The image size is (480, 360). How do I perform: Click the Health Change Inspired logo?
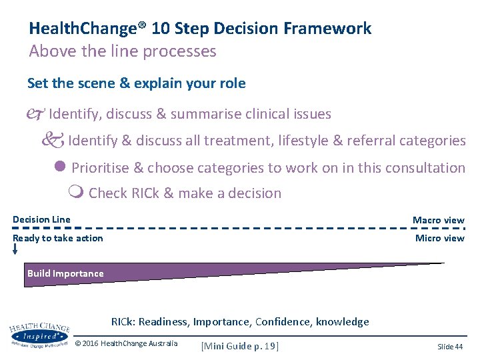(x=40, y=335)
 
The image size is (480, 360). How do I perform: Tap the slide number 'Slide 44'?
(x=450, y=347)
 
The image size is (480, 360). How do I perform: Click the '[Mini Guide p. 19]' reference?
(x=239, y=345)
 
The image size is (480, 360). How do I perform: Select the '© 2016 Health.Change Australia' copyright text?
(x=126, y=343)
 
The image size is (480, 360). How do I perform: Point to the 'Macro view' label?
(x=438, y=220)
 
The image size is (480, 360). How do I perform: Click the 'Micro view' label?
(x=439, y=238)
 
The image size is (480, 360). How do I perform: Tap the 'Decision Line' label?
(x=41, y=219)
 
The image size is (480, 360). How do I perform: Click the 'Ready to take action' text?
(x=58, y=238)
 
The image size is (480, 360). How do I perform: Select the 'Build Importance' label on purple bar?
(x=65, y=273)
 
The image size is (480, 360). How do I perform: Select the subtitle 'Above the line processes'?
(x=123, y=51)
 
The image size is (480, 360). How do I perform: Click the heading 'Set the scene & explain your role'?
(x=136, y=83)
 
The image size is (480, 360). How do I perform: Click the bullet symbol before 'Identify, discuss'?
(x=37, y=114)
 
